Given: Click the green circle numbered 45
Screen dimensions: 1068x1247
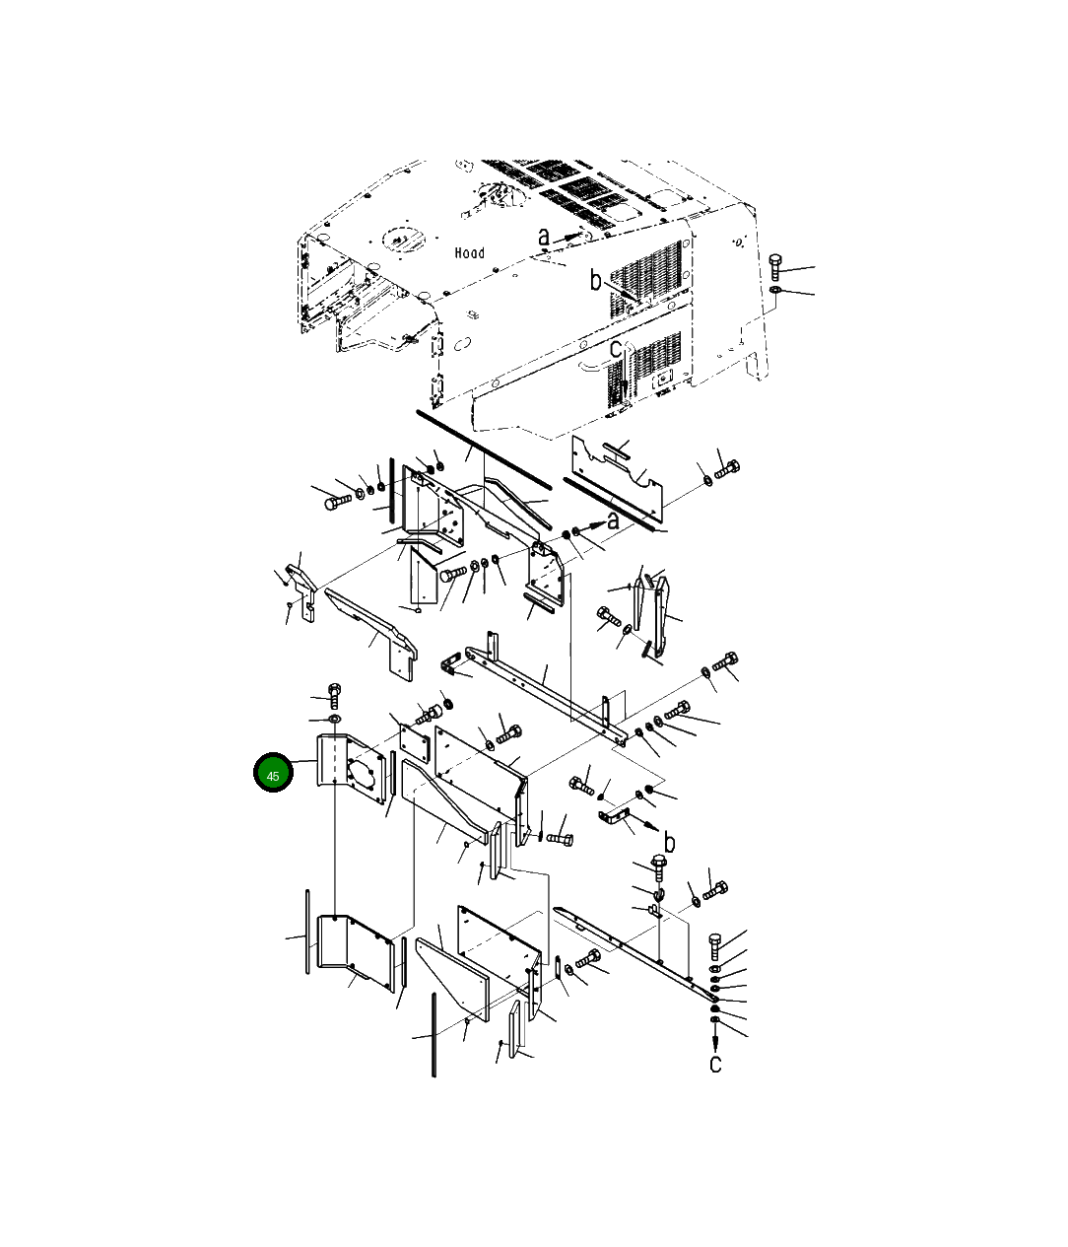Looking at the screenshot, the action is [x=273, y=772].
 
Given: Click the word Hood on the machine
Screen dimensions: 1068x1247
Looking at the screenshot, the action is [x=469, y=252].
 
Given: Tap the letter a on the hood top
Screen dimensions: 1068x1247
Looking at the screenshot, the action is [x=544, y=238].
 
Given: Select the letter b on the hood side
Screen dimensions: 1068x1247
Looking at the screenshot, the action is [x=596, y=280].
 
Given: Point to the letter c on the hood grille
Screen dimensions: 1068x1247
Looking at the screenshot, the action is [x=615, y=349].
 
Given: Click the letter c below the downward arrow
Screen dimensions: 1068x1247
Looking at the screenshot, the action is [x=715, y=1063].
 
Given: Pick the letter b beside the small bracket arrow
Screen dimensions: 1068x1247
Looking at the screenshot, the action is [x=669, y=842].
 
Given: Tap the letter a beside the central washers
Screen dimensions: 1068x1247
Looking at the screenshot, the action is [x=613, y=520].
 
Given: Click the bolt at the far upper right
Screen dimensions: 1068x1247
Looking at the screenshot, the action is [x=775, y=267].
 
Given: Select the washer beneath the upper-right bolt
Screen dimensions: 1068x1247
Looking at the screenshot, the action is [x=775, y=292].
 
